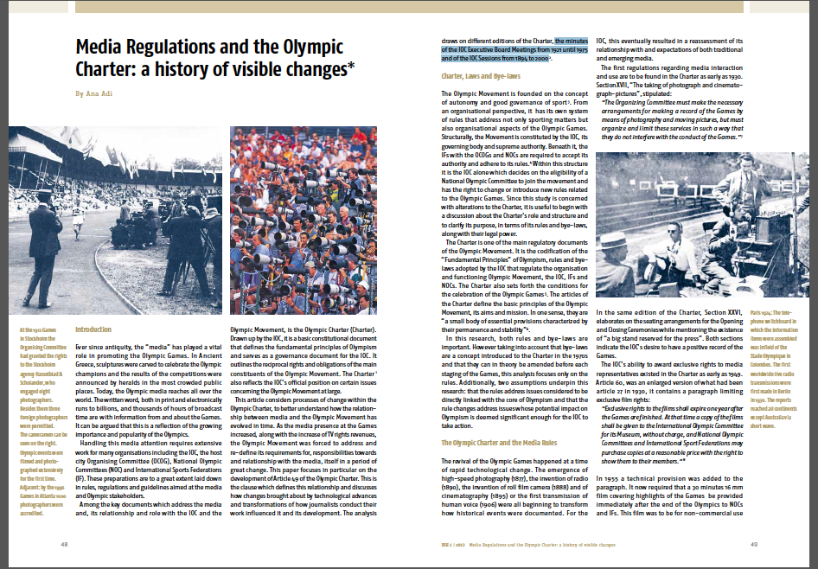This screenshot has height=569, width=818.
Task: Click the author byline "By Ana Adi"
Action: [x=96, y=93]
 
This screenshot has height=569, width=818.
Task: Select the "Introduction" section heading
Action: [x=93, y=329]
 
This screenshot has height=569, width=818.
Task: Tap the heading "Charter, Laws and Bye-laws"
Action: [x=481, y=76]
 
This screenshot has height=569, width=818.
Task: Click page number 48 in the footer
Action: [x=64, y=544]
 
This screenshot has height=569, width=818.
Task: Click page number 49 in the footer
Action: [x=753, y=544]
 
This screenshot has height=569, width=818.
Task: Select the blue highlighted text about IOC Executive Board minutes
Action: [x=505, y=53]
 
